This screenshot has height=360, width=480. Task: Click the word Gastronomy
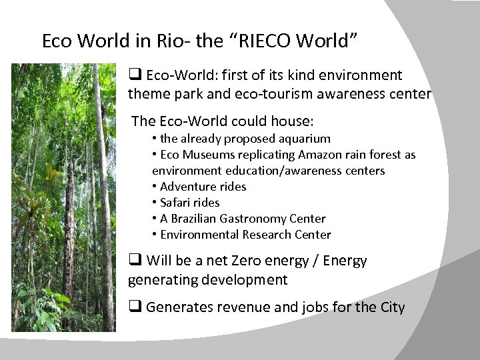click(x=251, y=219)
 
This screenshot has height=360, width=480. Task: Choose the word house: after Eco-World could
click(x=291, y=121)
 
